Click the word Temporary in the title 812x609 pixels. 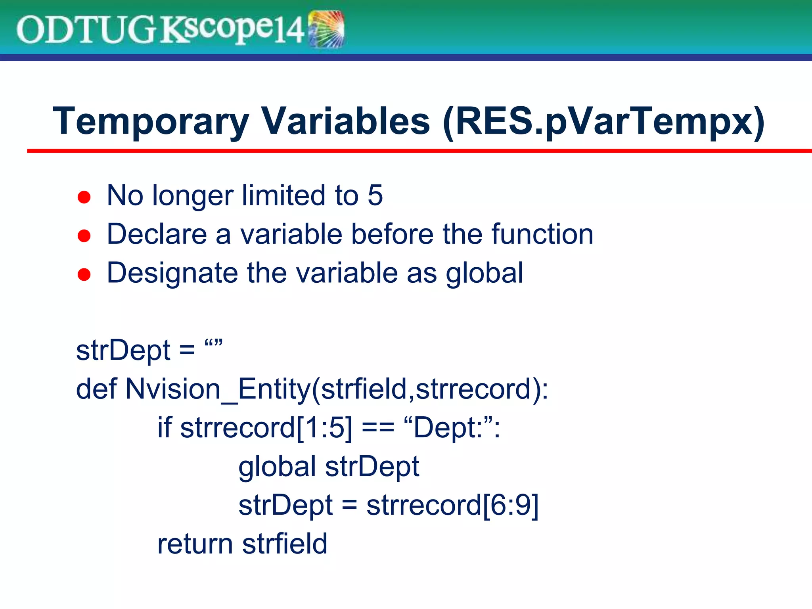(151, 121)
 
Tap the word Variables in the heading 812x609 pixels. (345, 121)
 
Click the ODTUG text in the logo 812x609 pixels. (85, 30)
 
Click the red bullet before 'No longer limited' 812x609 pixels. (84, 197)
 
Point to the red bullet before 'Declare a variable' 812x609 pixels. (84, 236)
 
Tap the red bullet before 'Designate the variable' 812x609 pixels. (84, 274)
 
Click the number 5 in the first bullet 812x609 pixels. (375, 195)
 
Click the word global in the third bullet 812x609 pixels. (485, 274)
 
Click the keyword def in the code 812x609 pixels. (96, 389)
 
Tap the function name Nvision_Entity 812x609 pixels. (218, 389)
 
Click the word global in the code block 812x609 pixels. (277, 467)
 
